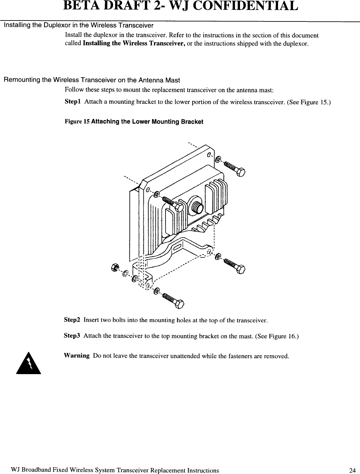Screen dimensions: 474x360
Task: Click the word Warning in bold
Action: point(77,356)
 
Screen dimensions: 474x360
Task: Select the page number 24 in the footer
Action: point(352,470)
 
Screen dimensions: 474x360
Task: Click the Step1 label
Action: point(73,102)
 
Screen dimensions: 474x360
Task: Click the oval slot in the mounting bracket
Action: point(178,249)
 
